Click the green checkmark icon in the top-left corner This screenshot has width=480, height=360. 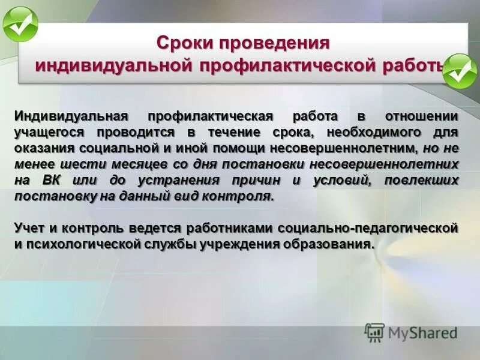(20, 25)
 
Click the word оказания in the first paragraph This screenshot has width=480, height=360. (42, 148)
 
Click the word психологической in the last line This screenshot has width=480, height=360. (75, 244)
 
